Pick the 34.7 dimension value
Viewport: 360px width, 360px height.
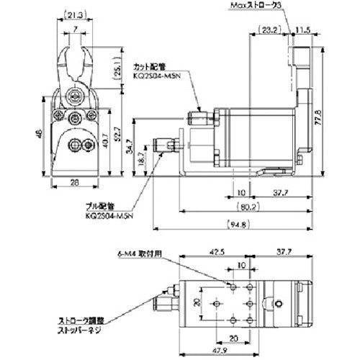point(130,146)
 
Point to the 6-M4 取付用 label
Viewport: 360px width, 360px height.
point(140,253)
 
